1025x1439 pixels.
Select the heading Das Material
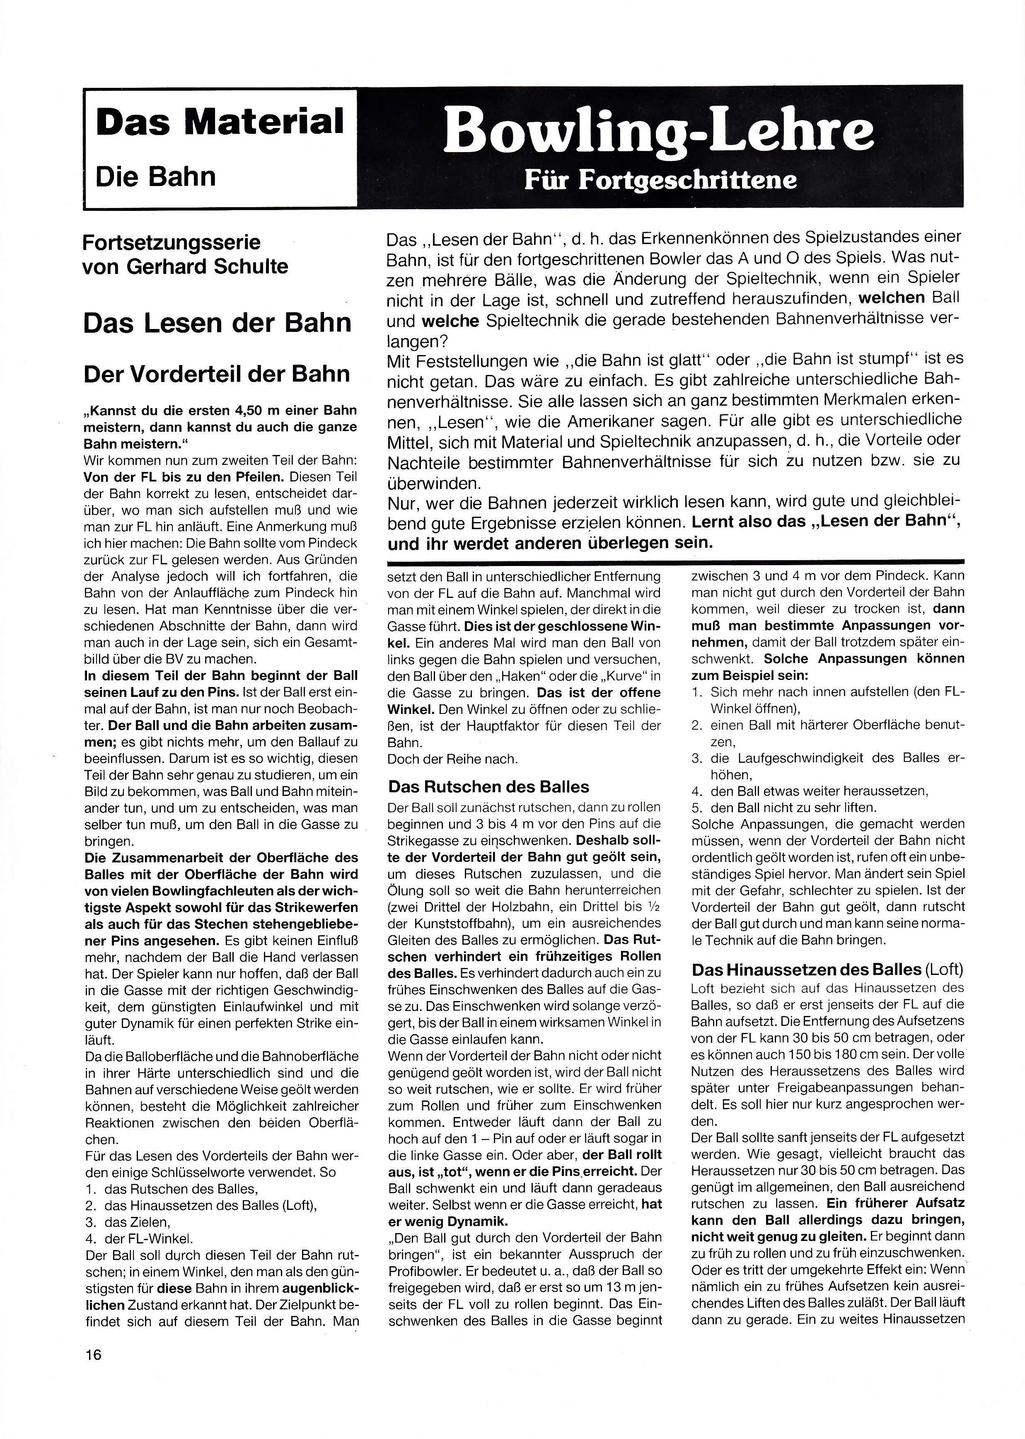pos(220,121)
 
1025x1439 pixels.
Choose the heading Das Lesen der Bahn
pos(217,322)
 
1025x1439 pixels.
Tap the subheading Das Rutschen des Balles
pos(488,786)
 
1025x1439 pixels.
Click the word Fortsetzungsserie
pos(171,242)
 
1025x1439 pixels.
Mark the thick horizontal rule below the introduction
pos(675,561)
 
